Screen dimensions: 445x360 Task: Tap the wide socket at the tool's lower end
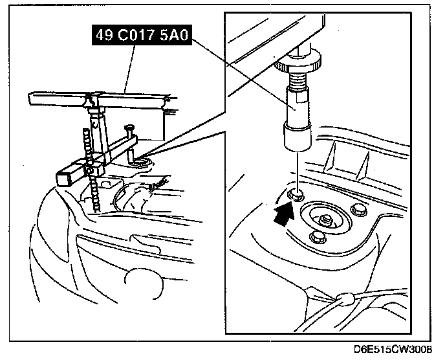click(295, 134)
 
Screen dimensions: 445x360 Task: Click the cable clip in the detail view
click(345, 299)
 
